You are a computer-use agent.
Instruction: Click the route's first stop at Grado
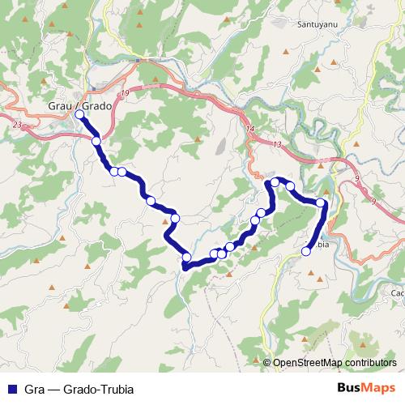point(79,115)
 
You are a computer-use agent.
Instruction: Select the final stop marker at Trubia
point(306,251)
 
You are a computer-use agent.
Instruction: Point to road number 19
point(124,95)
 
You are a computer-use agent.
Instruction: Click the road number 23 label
point(18,125)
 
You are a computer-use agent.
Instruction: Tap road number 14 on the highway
point(249,130)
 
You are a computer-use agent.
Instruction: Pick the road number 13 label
point(277,144)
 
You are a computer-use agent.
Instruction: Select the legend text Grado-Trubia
point(95,388)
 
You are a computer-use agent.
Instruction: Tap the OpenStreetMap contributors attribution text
point(334,363)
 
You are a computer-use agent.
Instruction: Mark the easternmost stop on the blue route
point(321,203)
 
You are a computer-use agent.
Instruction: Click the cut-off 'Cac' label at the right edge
point(397,293)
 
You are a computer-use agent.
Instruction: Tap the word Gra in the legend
point(35,388)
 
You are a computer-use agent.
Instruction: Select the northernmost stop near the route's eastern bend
point(275,182)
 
